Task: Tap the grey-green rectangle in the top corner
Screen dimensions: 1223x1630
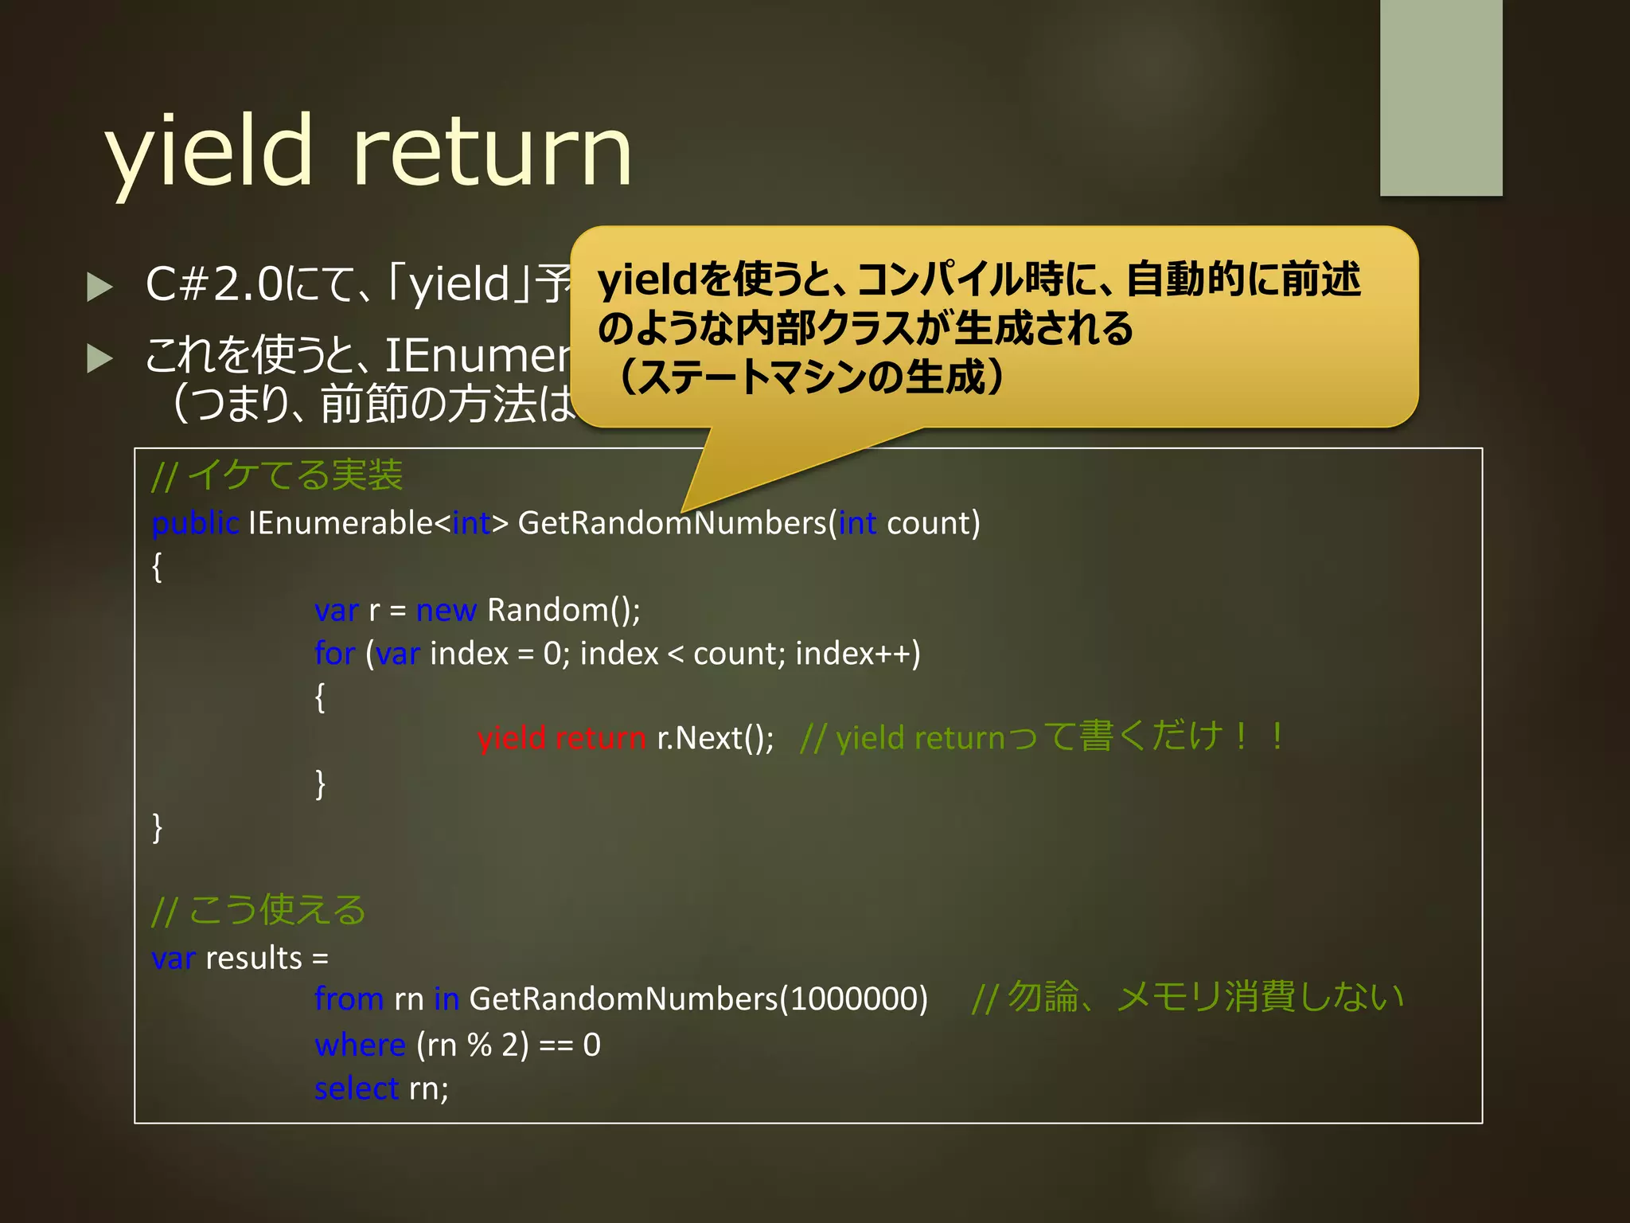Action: click(1441, 97)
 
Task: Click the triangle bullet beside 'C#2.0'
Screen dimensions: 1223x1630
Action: click(99, 287)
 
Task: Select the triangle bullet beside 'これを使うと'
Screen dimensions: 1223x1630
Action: click(99, 358)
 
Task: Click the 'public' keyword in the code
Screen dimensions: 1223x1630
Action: click(195, 523)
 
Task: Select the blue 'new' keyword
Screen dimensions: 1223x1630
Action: click(446, 610)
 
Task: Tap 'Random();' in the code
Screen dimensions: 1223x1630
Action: click(563, 610)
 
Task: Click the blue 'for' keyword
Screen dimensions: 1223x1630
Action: click(334, 654)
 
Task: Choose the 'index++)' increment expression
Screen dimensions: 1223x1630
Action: click(857, 654)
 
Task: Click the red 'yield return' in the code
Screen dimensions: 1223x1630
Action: click(561, 738)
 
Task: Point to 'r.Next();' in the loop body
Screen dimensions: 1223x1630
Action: click(715, 738)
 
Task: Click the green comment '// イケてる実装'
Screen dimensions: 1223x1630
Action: click(277, 475)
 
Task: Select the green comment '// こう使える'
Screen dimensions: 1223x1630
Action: click(258, 910)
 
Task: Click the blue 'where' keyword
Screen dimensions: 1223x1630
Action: click(360, 1045)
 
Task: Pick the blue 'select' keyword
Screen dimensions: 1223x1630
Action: click(356, 1088)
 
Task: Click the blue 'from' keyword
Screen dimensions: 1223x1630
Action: click(349, 998)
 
